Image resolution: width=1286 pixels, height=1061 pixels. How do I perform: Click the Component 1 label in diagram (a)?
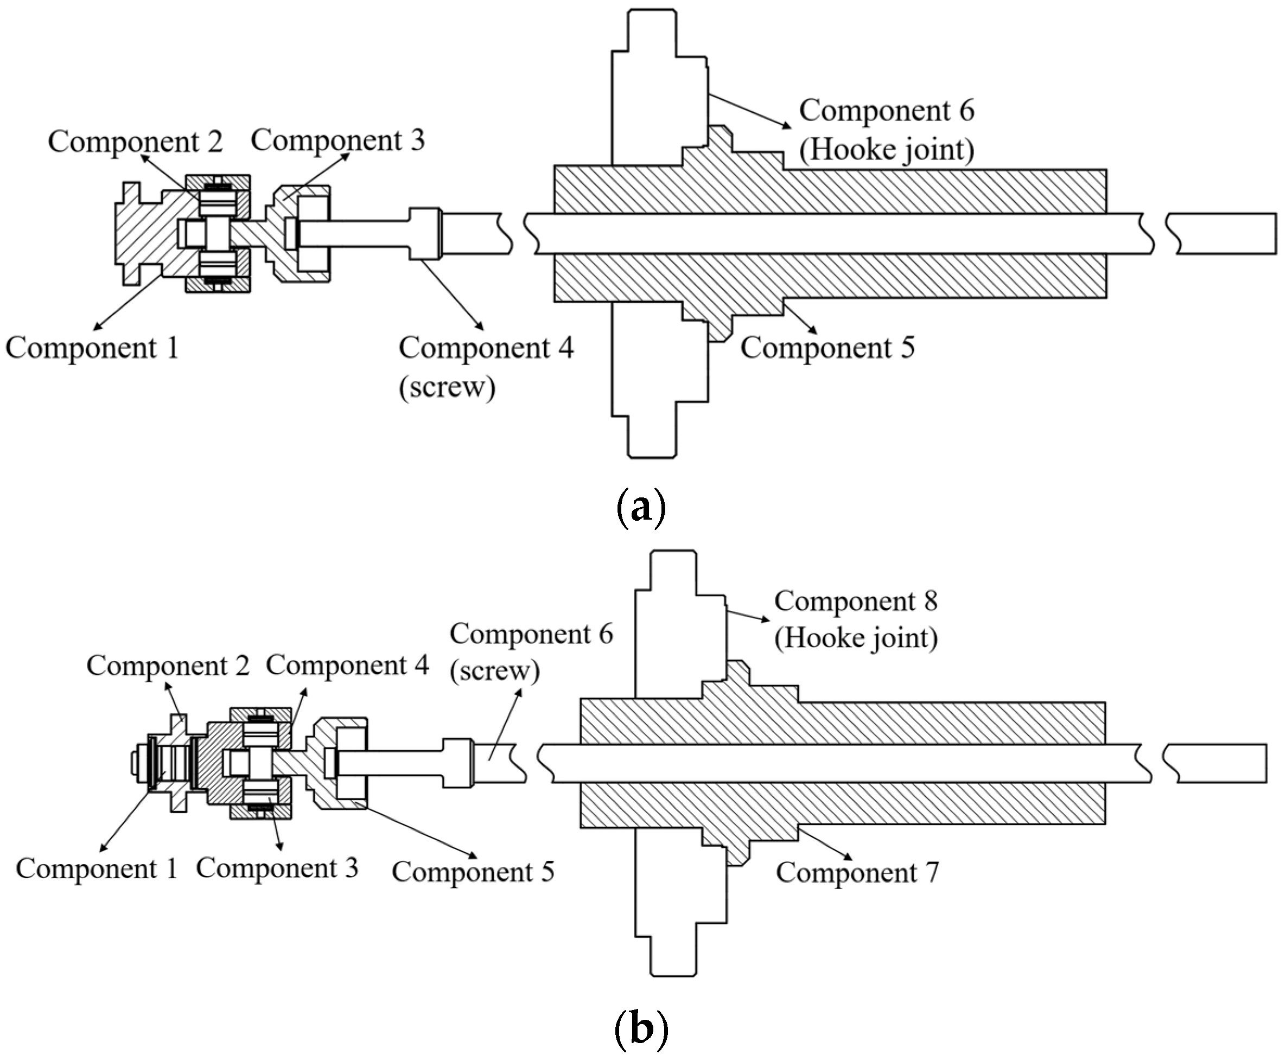[92, 348]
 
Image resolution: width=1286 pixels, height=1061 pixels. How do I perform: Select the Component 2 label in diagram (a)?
[135, 141]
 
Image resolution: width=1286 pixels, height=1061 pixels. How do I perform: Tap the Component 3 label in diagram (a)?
[338, 140]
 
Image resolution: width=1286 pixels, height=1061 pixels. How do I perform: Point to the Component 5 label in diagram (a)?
[827, 348]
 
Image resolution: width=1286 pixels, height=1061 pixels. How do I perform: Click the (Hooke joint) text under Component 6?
[886, 150]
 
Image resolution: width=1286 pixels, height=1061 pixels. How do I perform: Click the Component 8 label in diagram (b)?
[856, 602]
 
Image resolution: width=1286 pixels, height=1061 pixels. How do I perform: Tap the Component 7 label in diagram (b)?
[857, 872]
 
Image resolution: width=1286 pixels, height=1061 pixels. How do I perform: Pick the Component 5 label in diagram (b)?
[473, 872]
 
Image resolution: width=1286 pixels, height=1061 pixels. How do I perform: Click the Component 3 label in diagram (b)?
[277, 868]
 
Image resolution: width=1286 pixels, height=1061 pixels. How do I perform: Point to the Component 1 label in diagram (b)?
[97, 868]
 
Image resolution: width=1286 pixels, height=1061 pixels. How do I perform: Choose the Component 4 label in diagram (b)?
[347, 665]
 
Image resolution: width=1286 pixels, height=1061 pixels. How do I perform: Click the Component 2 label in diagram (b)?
[168, 666]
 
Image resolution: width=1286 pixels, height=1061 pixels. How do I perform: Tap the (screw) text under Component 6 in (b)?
[494, 670]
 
